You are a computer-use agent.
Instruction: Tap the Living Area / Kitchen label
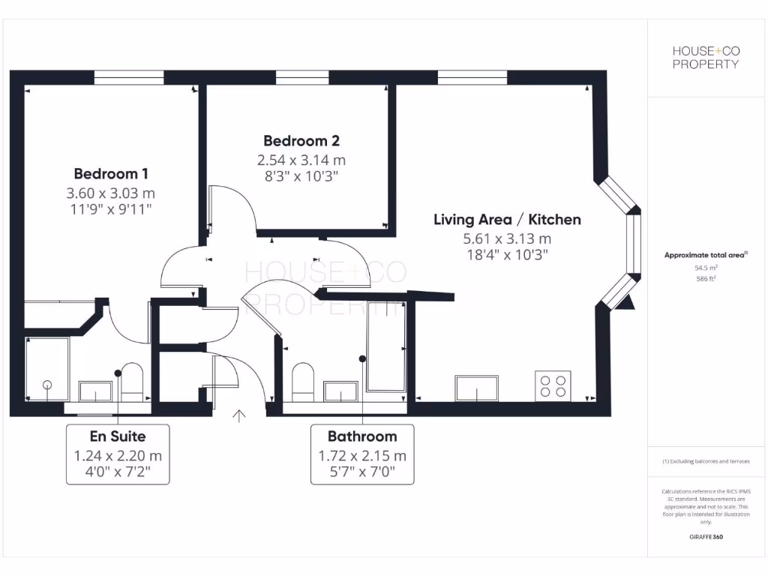coord(507,220)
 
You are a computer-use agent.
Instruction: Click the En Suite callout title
coord(118,436)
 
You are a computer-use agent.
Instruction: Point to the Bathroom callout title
coord(362,436)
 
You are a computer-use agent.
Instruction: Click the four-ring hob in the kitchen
coord(553,385)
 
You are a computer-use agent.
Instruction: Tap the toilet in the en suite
coord(132,380)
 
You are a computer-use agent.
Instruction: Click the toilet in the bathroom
coord(303,381)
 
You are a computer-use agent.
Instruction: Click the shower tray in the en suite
coord(46,368)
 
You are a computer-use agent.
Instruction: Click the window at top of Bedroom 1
coord(129,77)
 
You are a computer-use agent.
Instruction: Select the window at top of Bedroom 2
coord(301,77)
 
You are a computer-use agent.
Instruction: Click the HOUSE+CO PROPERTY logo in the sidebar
coord(705,57)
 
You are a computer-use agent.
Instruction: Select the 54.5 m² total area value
coord(705,266)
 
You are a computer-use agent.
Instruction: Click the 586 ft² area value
coord(705,277)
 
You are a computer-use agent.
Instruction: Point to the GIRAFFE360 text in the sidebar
coord(705,537)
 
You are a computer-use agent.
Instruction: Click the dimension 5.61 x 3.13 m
coord(507,239)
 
